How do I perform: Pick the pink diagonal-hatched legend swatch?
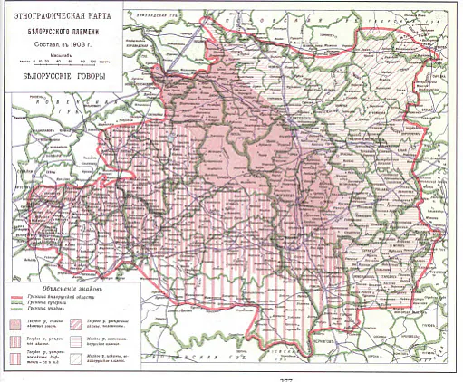[x=74, y=324]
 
